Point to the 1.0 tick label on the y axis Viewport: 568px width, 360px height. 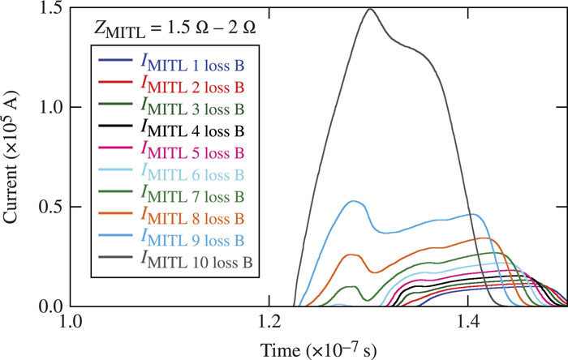coord(52,108)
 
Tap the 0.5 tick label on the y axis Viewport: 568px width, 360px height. coord(52,208)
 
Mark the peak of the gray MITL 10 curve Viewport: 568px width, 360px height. coord(370,9)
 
